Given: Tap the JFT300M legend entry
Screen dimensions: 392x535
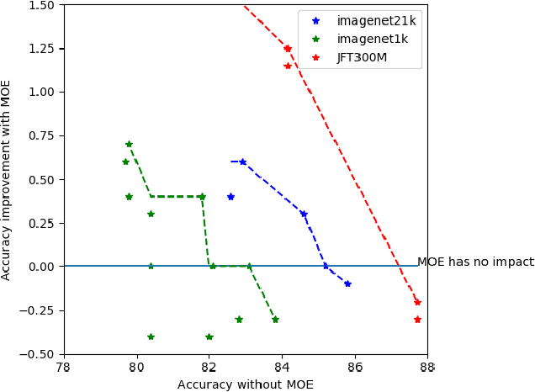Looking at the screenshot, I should pos(361,60).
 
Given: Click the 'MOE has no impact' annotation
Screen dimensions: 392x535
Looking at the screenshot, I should pos(475,262).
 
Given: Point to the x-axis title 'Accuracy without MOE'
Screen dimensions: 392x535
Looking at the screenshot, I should pos(245,384).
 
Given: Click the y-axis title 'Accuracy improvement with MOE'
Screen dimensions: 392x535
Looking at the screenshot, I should pos(7,179).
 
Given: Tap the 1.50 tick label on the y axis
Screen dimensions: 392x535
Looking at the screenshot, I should pos(40,5).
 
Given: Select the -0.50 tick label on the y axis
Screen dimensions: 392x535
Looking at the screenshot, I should pos(38,354).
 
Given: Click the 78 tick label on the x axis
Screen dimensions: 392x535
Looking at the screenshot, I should pos(63,367).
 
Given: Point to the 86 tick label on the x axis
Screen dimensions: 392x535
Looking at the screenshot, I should pos(354,367).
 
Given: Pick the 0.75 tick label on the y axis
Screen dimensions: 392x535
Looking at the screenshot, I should pos(40,135).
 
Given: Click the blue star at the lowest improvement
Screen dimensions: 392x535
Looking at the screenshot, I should pos(347,283).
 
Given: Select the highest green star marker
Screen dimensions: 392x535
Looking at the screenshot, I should pos(129,145).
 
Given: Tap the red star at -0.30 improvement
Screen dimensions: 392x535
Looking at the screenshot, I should pos(417,319).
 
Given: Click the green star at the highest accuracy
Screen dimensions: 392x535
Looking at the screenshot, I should pos(275,319).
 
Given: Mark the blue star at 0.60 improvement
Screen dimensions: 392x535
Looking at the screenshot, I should pos(243,162).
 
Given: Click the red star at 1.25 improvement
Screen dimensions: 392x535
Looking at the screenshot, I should pos(288,48).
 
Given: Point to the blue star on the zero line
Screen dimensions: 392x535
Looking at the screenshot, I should pos(326,266).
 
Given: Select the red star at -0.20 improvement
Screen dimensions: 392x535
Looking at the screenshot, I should pos(417,301).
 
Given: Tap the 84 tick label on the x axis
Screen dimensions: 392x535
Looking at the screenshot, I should pos(281,367).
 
